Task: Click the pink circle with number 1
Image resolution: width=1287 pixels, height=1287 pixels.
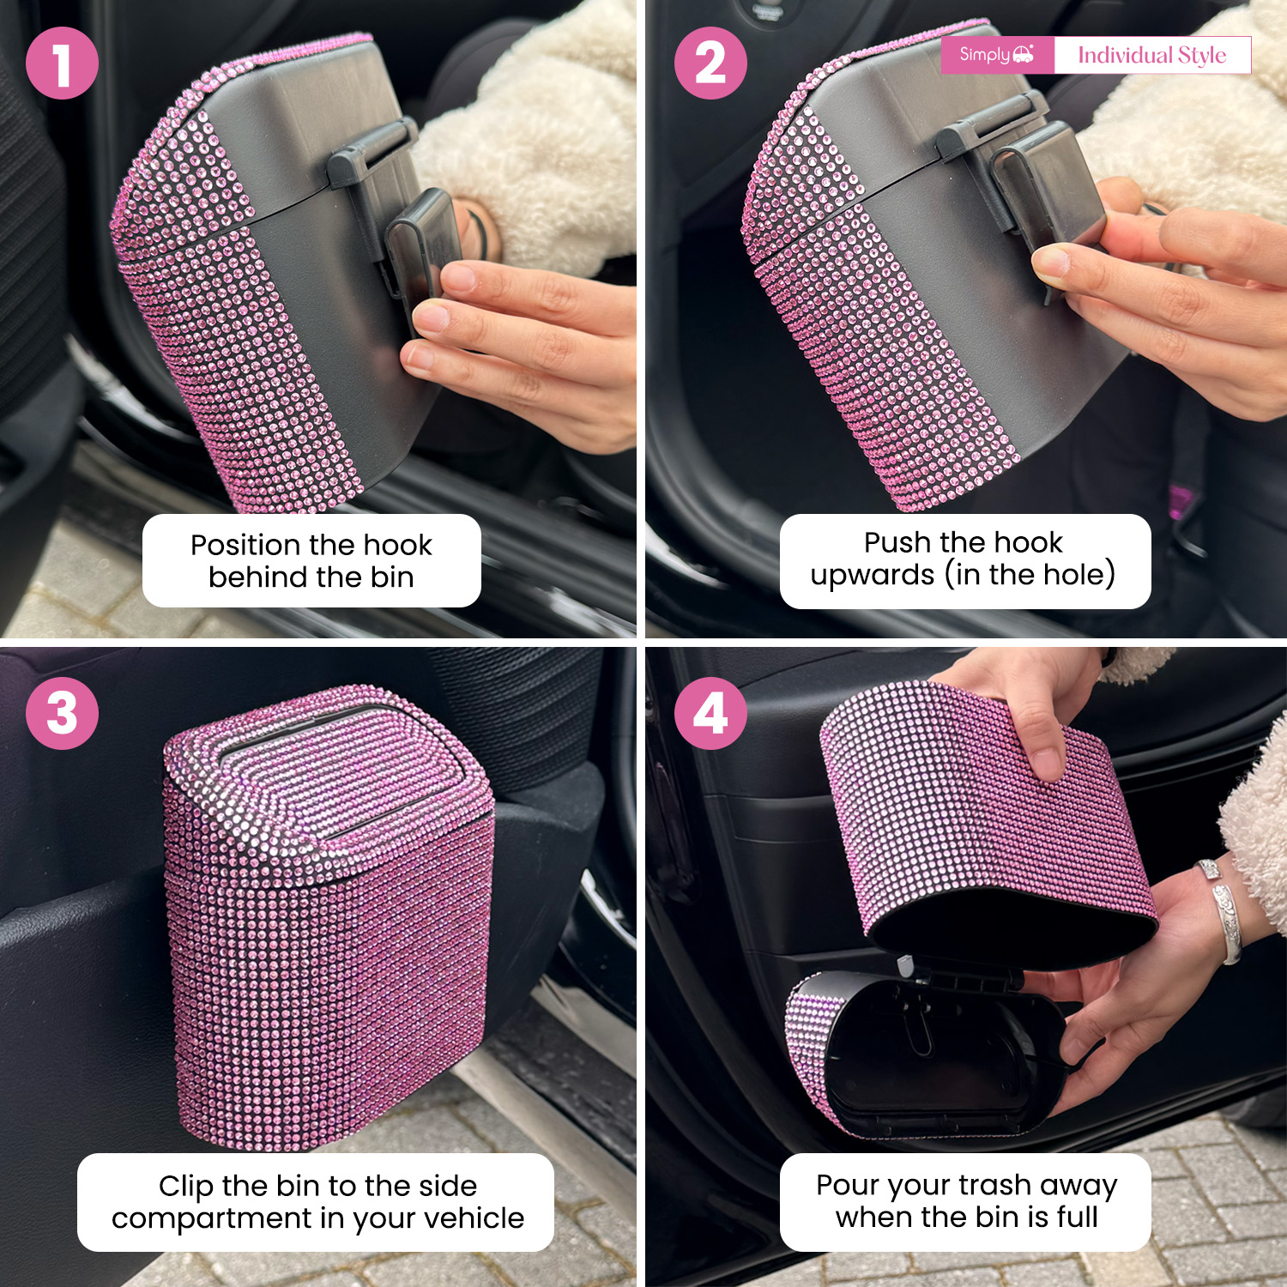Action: [62, 63]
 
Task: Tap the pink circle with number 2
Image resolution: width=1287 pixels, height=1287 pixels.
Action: [710, 63]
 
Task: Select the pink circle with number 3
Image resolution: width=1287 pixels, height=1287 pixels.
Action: [62, 713]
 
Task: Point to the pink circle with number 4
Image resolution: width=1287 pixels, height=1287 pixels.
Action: [710, 713]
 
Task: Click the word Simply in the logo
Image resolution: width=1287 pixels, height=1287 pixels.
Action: [985, 55]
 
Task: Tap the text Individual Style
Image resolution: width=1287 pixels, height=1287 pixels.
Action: [1151, 55]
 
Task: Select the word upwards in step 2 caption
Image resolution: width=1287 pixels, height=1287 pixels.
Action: [872, 574]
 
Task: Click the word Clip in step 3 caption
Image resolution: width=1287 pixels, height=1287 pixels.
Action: [186, 1186]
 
